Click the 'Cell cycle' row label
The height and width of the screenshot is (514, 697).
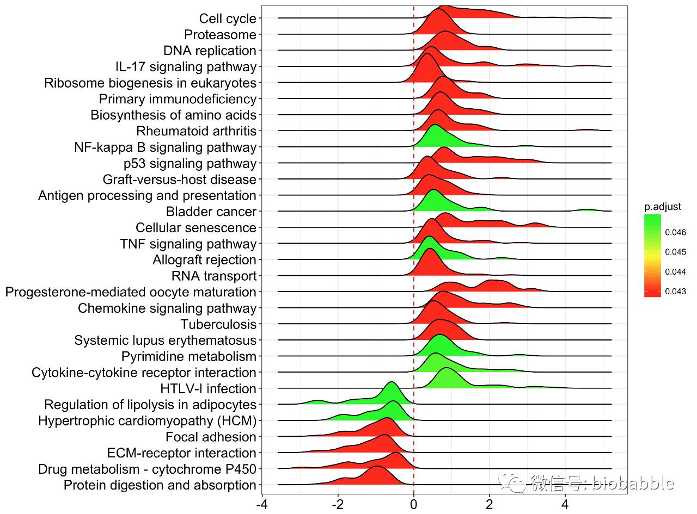click(x=227, y=18)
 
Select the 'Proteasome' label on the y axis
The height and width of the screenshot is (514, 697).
click(x=219, y=35)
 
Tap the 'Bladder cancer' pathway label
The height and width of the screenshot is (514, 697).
click(x=211, y=212)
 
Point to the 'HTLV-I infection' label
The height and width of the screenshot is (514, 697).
click(x=208, y=389)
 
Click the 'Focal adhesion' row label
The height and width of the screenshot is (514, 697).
click(x=211, y=437)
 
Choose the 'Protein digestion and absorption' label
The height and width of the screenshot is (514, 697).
click(x=160, y=485)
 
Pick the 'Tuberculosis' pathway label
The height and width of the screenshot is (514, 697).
click(x=218, y=325)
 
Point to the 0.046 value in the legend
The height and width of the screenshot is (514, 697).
click(x=675, y=233)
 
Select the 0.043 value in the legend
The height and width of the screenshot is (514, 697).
click(x=675, y=292)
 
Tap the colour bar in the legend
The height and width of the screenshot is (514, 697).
click(x=652, y=255)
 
